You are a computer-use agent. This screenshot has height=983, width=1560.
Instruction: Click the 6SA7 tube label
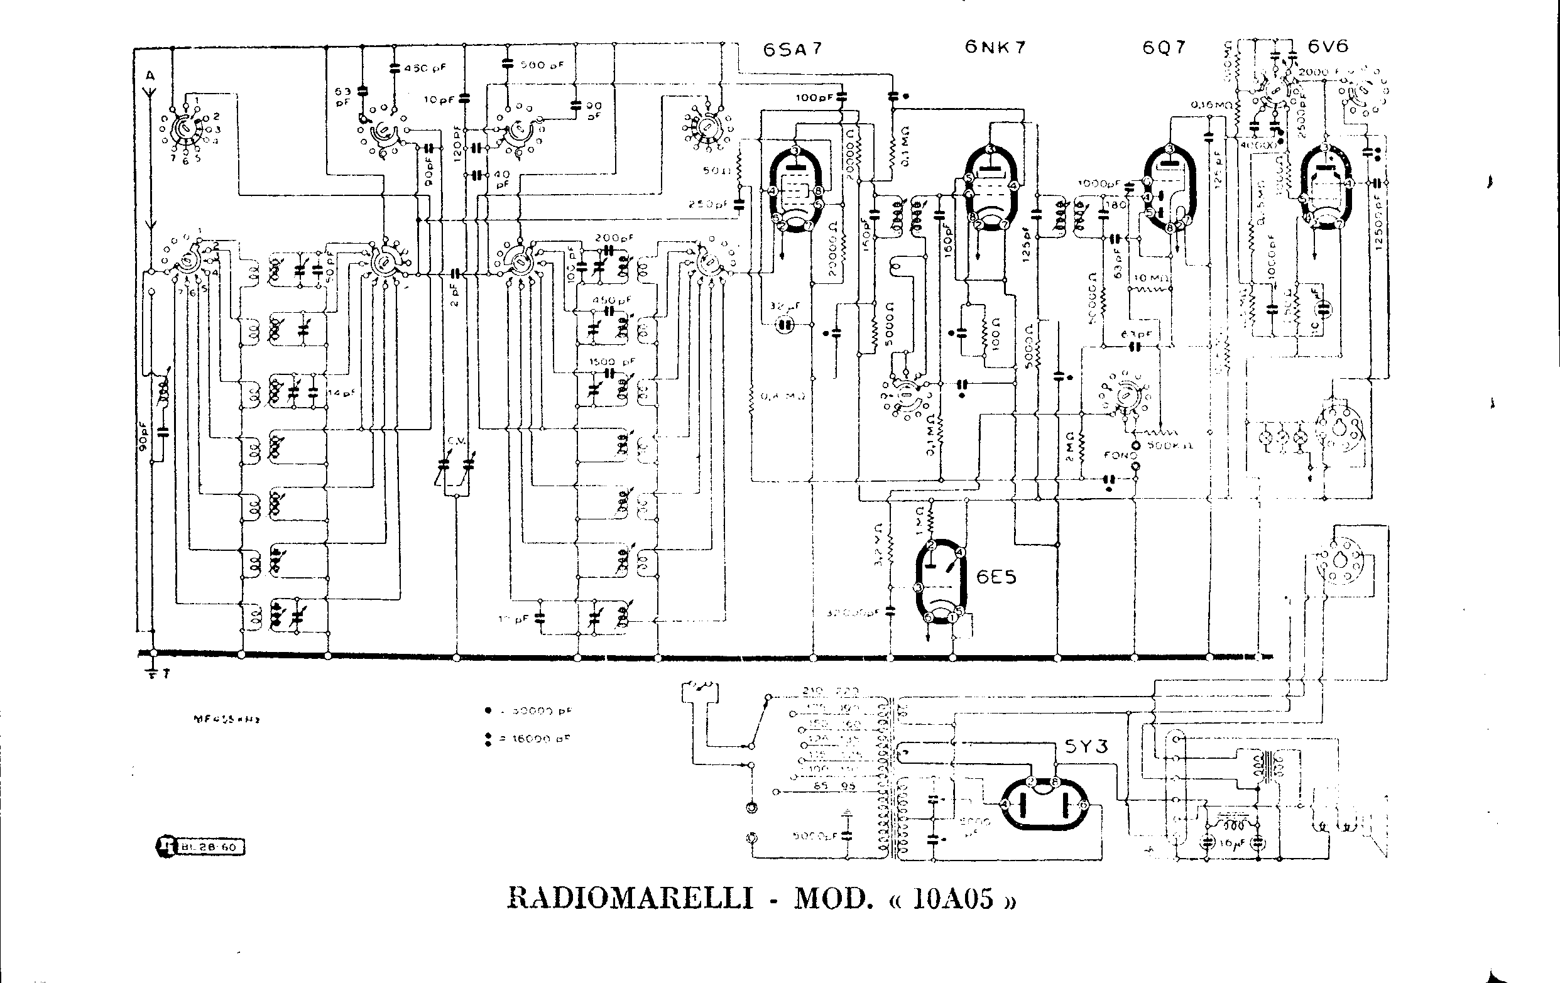tap(792, 50)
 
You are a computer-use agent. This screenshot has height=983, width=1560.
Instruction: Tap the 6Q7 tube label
tap(1164, 48)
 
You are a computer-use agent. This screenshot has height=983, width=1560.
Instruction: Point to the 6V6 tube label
tap(1329, 46)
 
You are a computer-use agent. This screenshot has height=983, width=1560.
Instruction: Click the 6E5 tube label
tap(996, 577)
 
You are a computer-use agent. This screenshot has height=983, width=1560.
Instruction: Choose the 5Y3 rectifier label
tap(1086, 747)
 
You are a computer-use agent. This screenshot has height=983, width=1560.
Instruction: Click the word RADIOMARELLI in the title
tap(630, 899)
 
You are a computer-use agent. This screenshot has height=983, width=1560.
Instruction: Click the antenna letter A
tap(150, 77)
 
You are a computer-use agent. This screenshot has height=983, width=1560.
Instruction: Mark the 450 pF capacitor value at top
tap(424, 67)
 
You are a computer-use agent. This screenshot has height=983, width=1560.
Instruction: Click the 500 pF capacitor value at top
tap(543, 65)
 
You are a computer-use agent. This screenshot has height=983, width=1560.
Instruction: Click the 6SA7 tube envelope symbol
tap(796, 190)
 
